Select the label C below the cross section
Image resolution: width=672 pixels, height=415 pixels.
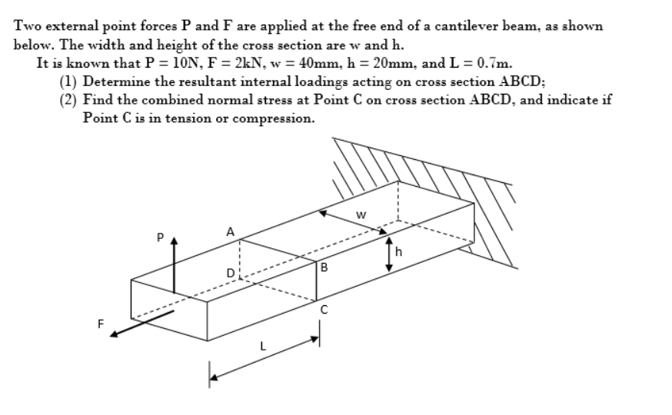click(324, 309)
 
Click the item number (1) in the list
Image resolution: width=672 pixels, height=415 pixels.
click(68, 81)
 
